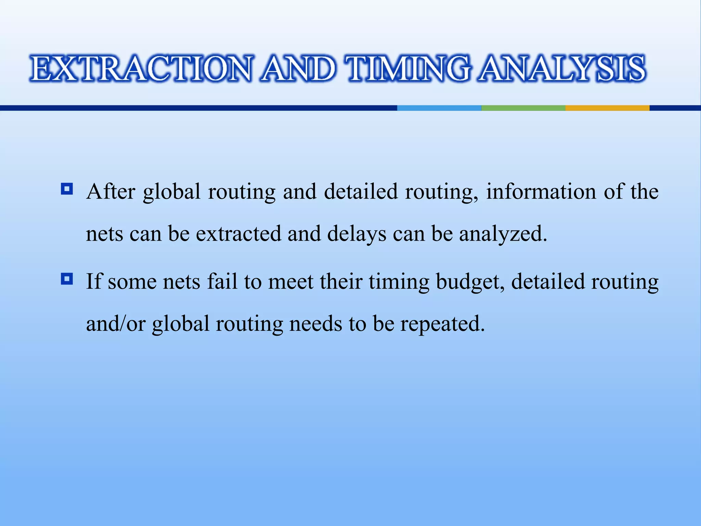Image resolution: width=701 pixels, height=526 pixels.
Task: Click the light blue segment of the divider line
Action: pos(439,108)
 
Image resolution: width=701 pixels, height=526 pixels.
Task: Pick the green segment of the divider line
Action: pos(523,108)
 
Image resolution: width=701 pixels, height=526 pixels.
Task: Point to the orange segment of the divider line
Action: pos(607,108)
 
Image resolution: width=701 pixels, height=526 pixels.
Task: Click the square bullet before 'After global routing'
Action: pos(67,189)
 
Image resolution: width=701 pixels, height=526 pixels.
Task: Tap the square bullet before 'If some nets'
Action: pos(67,279)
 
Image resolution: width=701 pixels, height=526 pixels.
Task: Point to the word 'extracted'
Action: pos(238,234)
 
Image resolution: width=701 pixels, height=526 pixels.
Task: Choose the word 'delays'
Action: pos(357,234)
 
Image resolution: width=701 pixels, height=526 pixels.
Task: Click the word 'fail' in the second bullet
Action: pos(222,281)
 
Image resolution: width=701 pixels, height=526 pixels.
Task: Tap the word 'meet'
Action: pos(291,281)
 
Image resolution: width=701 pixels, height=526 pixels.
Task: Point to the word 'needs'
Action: pos(316,324)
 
